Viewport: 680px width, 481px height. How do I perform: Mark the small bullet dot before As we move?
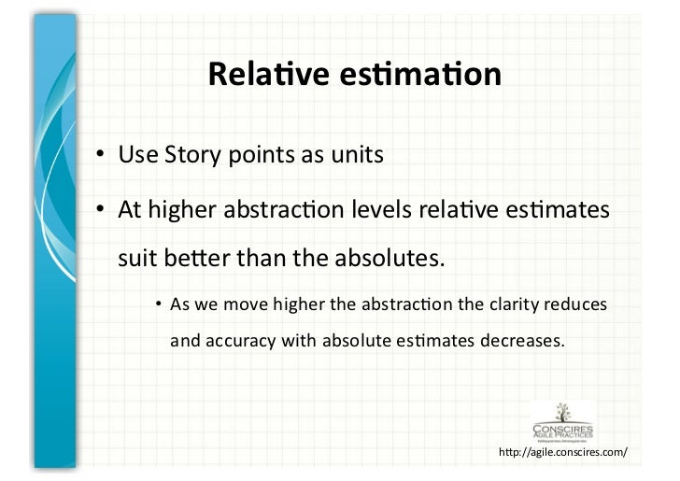(159, 305)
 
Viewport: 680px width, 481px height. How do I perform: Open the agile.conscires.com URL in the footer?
(563, 453)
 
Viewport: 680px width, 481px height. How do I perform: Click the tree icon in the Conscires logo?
(563, 411)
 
